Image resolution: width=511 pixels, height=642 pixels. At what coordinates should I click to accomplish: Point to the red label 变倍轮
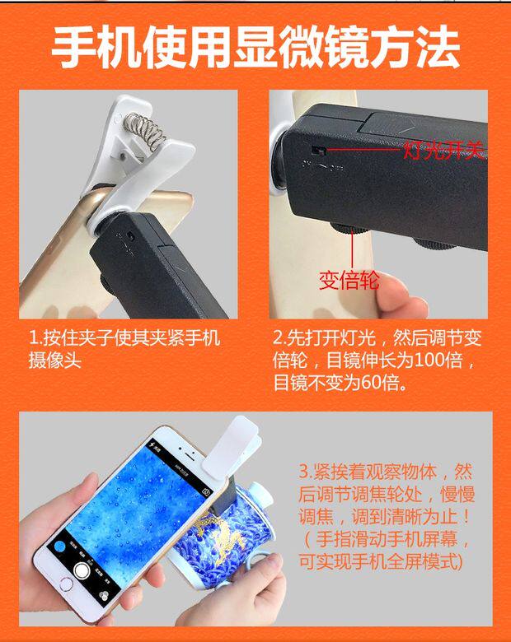349,281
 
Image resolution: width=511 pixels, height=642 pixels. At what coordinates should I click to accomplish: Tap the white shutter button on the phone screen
82,570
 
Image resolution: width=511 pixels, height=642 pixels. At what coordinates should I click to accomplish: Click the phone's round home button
66,584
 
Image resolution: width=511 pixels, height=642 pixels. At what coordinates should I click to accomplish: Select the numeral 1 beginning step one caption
33,338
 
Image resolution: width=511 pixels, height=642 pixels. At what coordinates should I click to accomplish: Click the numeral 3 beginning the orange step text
303,472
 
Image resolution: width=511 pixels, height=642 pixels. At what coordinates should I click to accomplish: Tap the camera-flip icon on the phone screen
206,491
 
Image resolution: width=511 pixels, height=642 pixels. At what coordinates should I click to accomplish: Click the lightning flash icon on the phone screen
152,444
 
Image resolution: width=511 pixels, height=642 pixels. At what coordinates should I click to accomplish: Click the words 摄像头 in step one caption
54,361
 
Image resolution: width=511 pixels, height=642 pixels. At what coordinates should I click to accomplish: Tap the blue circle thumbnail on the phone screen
60,547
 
